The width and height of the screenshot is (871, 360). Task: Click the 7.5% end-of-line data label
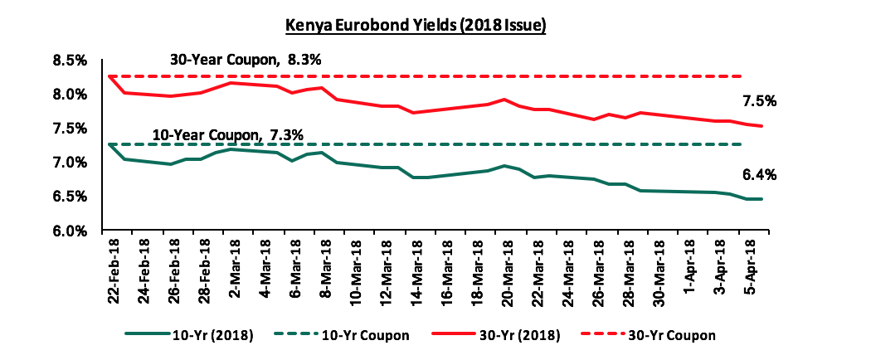(x=759, y=101)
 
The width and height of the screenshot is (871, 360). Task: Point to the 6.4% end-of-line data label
(x=759, y=175)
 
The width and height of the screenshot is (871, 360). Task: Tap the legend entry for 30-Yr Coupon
(x=675, y=335)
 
